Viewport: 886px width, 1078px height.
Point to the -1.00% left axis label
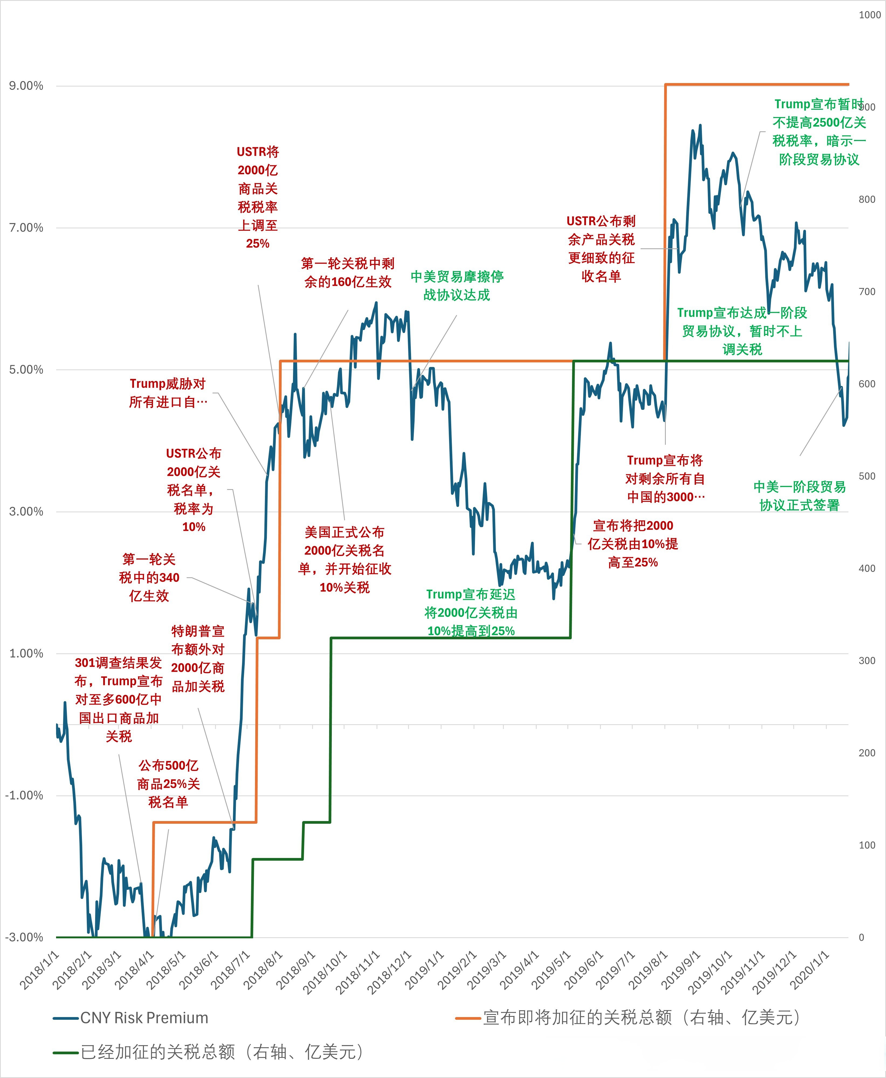(24, 795)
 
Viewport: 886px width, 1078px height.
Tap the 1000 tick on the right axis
(870, 15)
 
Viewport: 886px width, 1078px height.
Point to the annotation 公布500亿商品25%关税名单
(168, 784)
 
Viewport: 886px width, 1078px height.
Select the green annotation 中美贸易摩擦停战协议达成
(457, 286)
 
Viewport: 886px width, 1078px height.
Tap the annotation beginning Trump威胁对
(168, 393)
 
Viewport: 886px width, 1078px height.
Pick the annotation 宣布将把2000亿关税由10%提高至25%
(633, 544)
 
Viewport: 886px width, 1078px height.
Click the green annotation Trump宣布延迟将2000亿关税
(471, 613)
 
